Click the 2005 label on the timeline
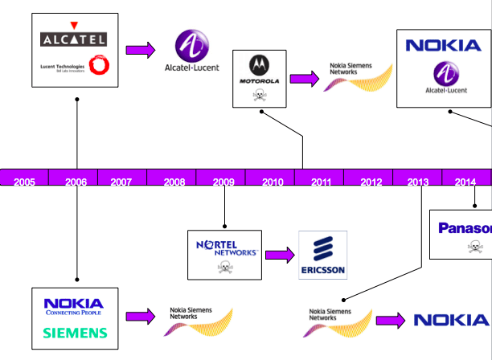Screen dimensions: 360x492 (25, 182)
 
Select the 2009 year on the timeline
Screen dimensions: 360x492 (223, 182)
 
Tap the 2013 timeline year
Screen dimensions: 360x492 (418, 182)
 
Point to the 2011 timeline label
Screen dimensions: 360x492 (322, 182)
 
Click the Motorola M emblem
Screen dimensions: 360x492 (259, 64)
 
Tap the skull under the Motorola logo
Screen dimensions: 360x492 (259, 96)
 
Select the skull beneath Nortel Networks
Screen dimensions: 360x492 (225, 267)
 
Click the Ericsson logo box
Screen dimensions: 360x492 (322, 255)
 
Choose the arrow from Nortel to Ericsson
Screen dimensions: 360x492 (280, 256)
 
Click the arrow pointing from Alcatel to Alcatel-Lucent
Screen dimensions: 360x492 (140, 50)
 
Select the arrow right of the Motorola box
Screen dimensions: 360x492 (304, 79)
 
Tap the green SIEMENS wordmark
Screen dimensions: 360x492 (75, 332)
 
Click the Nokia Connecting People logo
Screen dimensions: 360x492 (75, 306)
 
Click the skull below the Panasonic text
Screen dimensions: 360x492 (476, 247)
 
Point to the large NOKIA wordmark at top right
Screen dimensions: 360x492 (443, 45)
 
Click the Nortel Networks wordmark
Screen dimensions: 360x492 (225, 243)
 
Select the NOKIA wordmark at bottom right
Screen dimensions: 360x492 (451, 321)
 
